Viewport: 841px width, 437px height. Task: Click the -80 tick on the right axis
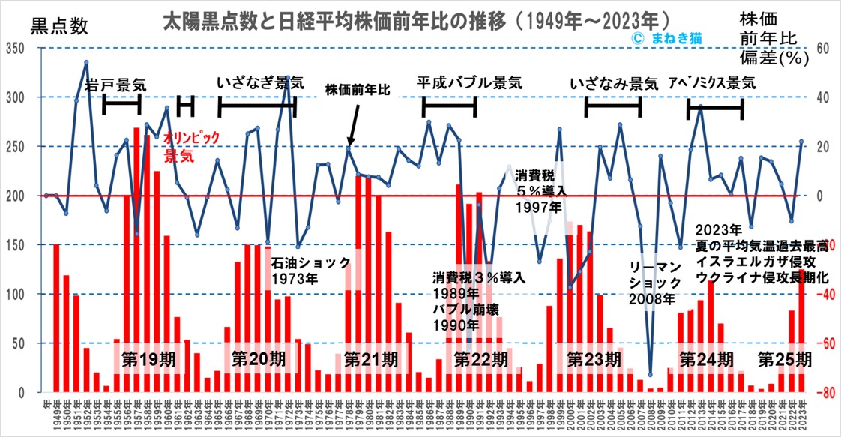822,393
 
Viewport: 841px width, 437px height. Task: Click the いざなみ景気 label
614,83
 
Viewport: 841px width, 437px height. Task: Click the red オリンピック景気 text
191,147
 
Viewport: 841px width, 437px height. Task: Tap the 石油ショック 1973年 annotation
310,271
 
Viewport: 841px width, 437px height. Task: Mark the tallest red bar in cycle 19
136,259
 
